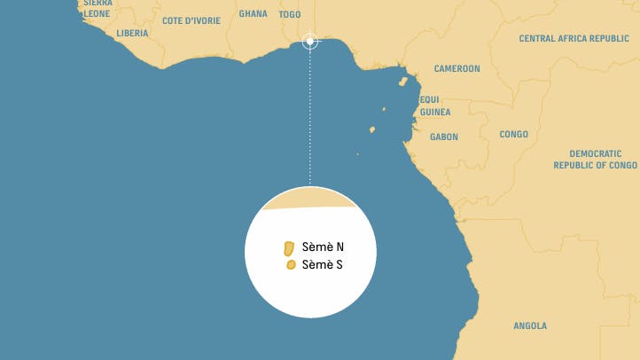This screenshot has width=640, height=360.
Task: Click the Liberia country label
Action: pyautogui.click(x=132, y=34)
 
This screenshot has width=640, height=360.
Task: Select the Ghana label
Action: pyautogui.click(x=253, y=14)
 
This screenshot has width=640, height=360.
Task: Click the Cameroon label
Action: pyautogui.click(x=457, y=69)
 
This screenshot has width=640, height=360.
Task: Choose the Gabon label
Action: pyautogui.click(x=443, y=137)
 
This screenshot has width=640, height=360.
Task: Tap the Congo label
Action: pyautogui.click(x=513, y=135)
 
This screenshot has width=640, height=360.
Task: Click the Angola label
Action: pyautogui.click(x=530, y=325)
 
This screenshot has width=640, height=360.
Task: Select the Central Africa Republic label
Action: pyautogui.click(x=574, y=39)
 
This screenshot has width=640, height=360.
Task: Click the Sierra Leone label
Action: pyautogui.click(x=98, y=9)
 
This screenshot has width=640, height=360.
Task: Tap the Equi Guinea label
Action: pyautogui.click(x=434, y=106)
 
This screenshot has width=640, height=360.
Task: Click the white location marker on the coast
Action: pyautogui.click(x=309, y=41)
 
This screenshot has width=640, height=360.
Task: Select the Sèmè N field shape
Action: pyautogui.click(x=288, y=247)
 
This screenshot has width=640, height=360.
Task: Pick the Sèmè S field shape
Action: pyautogui.click(x=290, y=265)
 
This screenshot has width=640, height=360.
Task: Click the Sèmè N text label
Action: pyautogui.click(x=323, y=247)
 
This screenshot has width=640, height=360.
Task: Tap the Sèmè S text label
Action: pyautogui.click(x=323, y=265)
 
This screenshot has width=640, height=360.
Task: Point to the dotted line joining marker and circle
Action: pyautogui.click(x=309, y=115)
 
